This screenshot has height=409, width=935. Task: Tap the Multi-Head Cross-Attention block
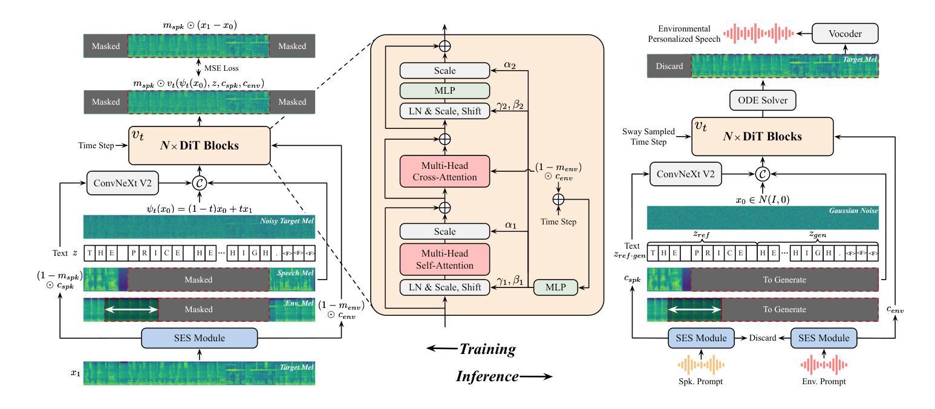445,171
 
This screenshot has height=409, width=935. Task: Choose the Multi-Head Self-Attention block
445,259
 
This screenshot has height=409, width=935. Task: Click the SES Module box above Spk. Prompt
702,338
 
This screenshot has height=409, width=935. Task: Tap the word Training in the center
487,349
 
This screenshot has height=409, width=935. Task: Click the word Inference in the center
487,376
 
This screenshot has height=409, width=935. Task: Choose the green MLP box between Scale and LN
445,90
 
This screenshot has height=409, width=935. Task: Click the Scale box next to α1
445,231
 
